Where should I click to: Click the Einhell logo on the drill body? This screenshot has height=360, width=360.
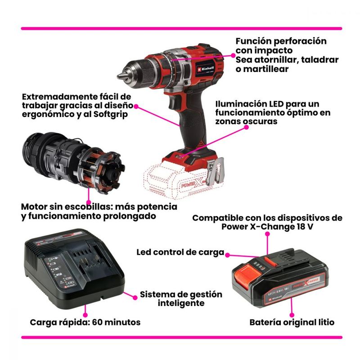pyautogui.click(x=205, y=68)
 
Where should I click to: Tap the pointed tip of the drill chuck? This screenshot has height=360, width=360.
pyautogui.click(x=118, y=76)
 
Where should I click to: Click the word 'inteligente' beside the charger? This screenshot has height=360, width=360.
pyautogui.click(x=181, y=303)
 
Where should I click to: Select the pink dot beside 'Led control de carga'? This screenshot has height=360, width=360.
pyautogui.click(x=227, y=255)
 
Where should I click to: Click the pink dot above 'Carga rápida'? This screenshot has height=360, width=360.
pyautogui.click(x=85, y=315)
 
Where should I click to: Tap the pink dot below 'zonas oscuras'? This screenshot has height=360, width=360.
pyautogui.click(x=246, y=127)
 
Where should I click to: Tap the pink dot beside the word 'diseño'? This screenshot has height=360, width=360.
pyautogui.click(x=136, y=106)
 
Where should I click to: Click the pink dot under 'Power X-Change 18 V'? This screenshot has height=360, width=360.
pyautogui.click(x=267, y=234)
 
